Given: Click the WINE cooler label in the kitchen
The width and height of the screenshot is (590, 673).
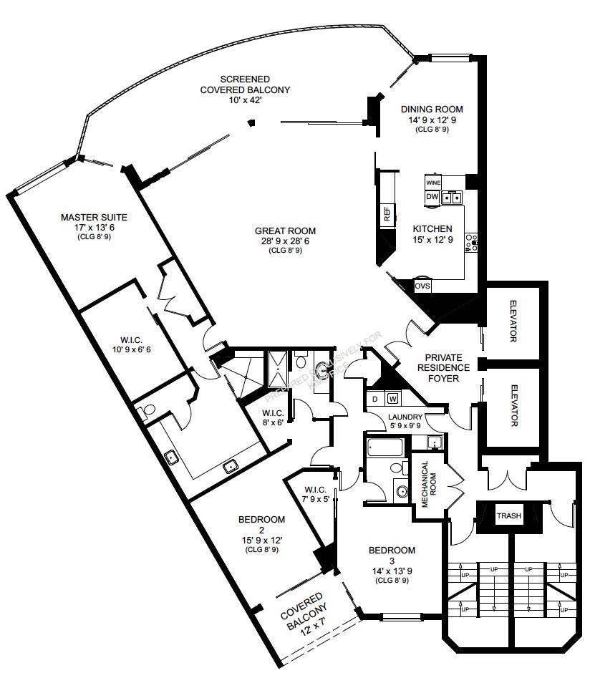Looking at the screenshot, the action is [432, 183].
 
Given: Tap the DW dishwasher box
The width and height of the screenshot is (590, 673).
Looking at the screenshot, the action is [432, 196].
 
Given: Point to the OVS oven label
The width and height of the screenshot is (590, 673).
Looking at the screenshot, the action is [422, 286].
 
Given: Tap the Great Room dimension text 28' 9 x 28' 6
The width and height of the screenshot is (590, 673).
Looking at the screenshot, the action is [285, 241].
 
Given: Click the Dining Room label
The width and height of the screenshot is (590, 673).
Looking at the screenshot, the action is [432, 110].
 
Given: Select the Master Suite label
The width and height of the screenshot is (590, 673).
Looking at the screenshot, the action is [94, 217].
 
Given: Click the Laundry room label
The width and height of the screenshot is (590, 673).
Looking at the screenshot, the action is [405, 417].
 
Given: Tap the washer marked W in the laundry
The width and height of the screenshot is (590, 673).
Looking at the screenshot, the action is [393, 398].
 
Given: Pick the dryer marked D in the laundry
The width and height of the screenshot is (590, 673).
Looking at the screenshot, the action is [375, 398].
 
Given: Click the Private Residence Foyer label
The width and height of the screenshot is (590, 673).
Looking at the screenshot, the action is [448, 367].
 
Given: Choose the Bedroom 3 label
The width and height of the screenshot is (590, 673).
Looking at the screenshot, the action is [392, 551].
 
